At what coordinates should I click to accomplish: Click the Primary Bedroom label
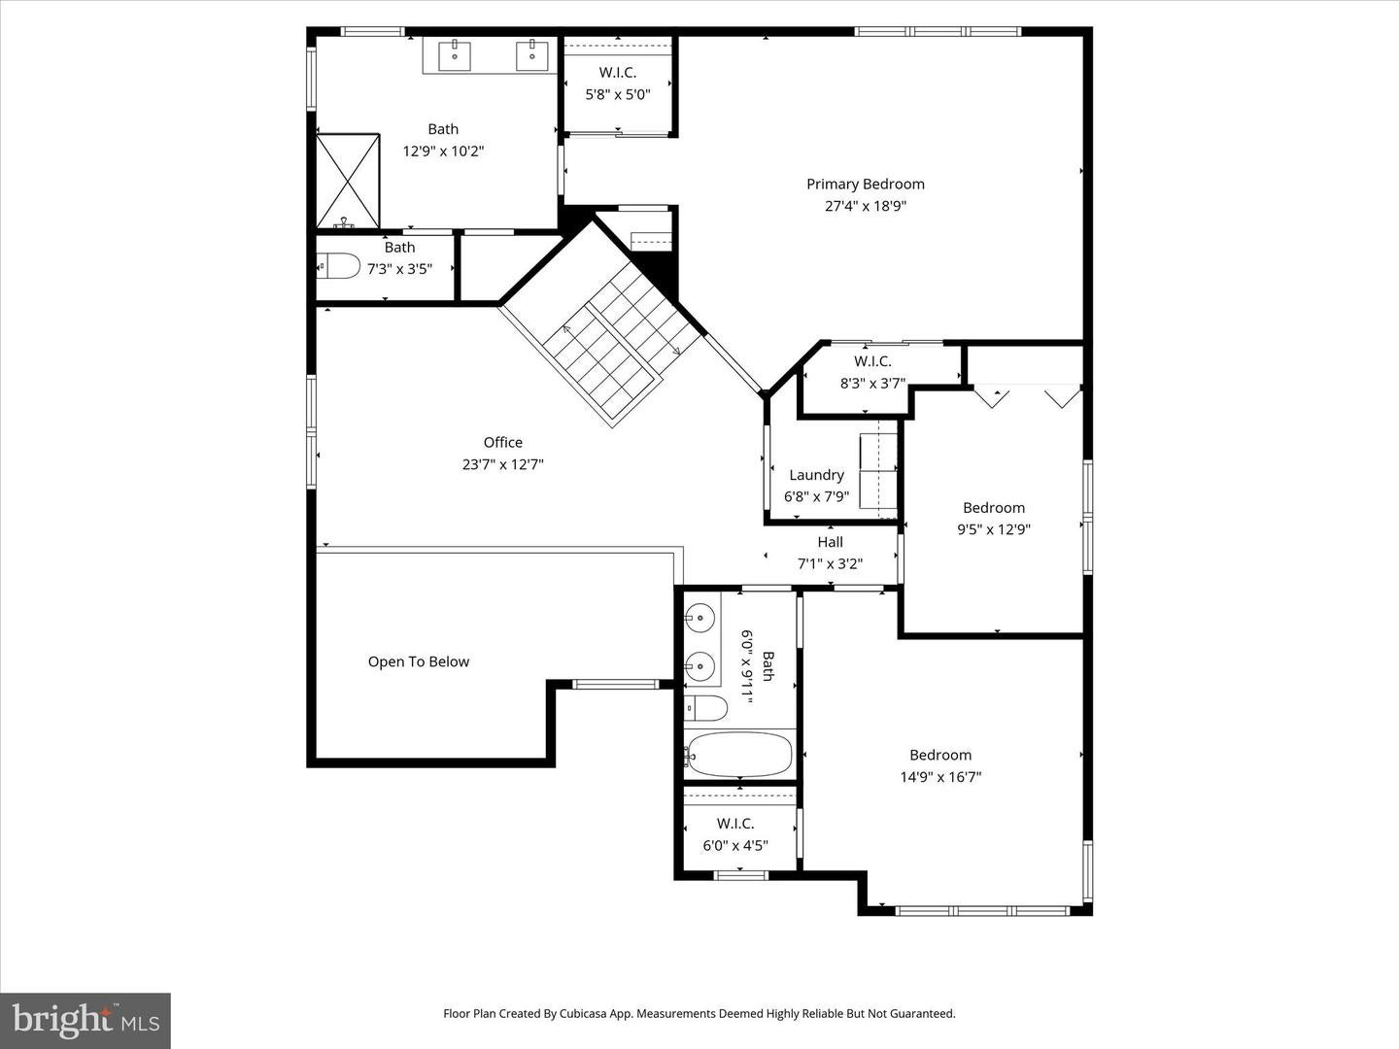[865, 185]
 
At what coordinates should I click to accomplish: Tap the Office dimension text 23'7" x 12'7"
[503, 464]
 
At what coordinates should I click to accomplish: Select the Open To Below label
[418, 661]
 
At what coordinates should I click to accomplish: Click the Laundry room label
[816, 475]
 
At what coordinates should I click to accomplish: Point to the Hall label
[831, 542]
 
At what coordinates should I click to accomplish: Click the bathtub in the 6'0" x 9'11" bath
[739, 755]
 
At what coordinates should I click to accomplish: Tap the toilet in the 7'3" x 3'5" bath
[339, 265]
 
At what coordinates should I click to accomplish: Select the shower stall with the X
[348, 181]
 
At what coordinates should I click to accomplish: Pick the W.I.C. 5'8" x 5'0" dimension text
[618, 95]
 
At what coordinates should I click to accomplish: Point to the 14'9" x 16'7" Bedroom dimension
[940, 777]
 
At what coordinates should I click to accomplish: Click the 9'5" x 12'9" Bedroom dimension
[994, 529]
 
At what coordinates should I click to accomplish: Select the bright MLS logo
[85, 1019]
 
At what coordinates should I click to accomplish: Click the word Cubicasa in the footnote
[584, 1013]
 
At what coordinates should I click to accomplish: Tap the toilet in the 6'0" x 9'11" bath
[706, 708]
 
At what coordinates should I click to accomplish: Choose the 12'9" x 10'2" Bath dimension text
[444, 152]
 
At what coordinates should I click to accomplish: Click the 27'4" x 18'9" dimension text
[866, 206]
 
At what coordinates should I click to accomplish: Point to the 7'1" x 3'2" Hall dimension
[831, 564]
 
